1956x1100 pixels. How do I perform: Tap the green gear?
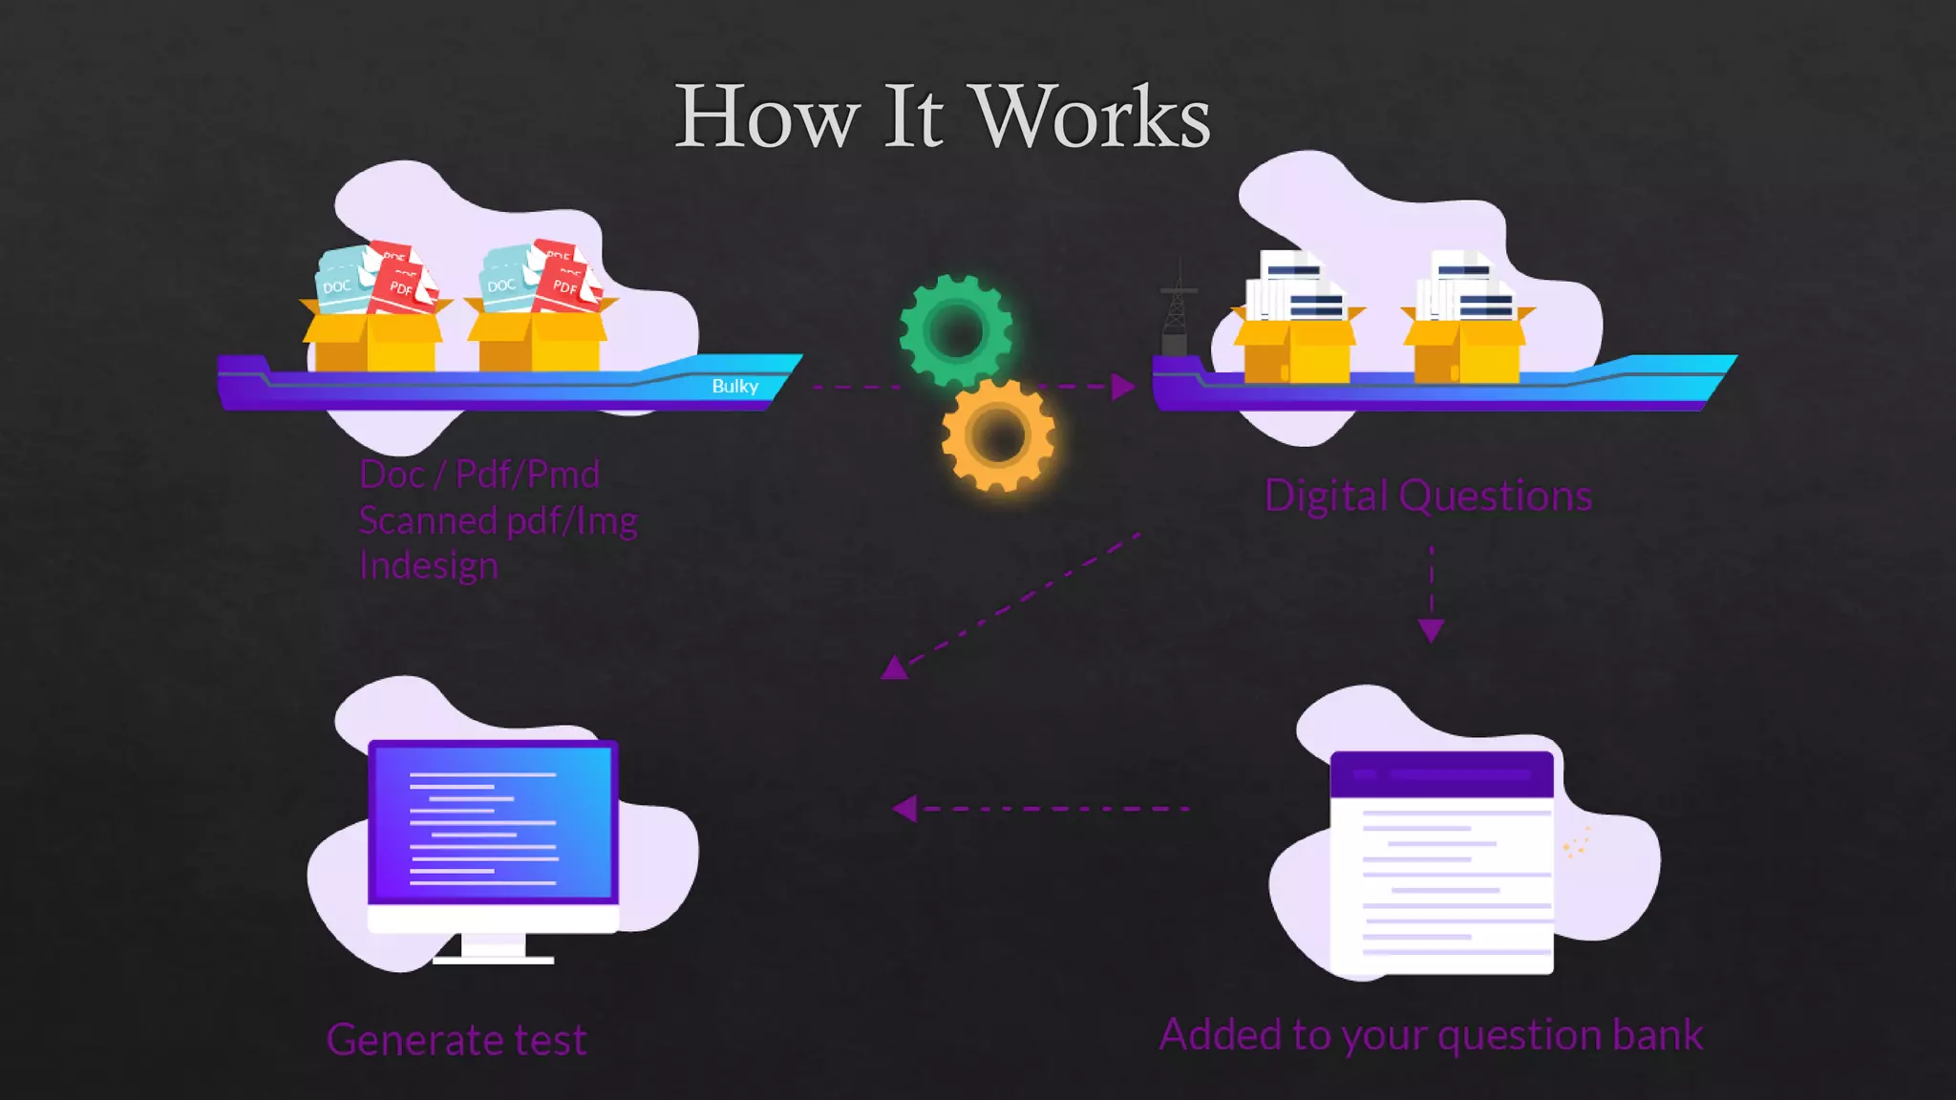956,330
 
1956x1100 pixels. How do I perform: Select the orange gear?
998,435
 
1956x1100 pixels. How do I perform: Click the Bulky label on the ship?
734,386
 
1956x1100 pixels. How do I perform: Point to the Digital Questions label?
1428,496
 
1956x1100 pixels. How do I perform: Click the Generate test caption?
457,1040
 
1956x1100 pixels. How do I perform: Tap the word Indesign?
429,565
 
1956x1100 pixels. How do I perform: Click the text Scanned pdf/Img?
498,520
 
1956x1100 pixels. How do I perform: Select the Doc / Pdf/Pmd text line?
479,475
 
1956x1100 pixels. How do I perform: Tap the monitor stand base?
493,958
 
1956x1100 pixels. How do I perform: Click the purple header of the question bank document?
1441,773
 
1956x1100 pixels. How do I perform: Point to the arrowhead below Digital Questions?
1431,630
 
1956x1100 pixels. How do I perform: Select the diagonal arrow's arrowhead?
894,667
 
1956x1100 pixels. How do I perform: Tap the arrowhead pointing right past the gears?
1123,387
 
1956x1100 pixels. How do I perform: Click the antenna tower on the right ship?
1178,306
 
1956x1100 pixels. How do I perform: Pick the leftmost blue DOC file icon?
339,281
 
